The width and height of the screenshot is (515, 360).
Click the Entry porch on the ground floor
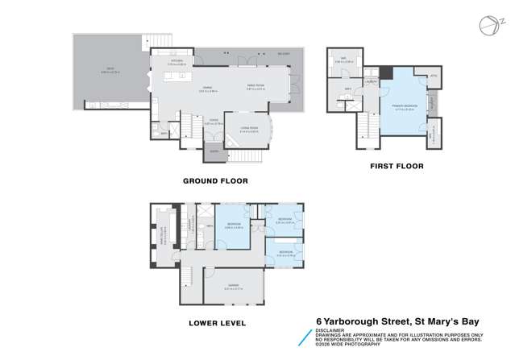point(214,151)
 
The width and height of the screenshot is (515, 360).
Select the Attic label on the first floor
point(432,77)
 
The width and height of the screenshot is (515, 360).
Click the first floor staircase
point(364,124)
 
